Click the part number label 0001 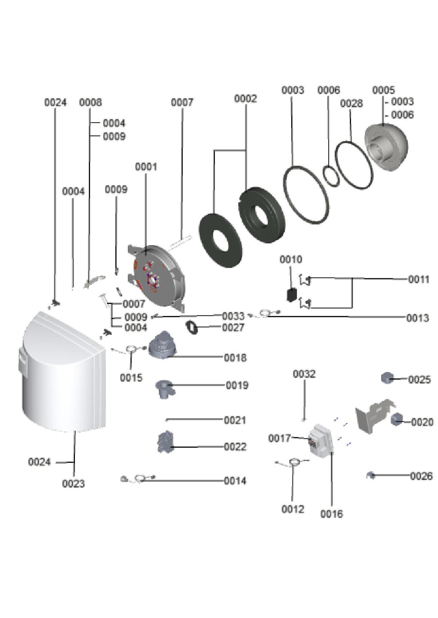146,167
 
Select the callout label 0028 351,103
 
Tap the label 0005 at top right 383,90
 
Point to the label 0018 235,358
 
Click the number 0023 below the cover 73,484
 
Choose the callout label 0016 331,514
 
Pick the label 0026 421,476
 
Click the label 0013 417,318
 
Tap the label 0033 233,316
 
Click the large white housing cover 62,373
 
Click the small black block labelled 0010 292,294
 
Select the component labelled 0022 165,442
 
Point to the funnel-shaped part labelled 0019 165,389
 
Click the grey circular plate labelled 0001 157,277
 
